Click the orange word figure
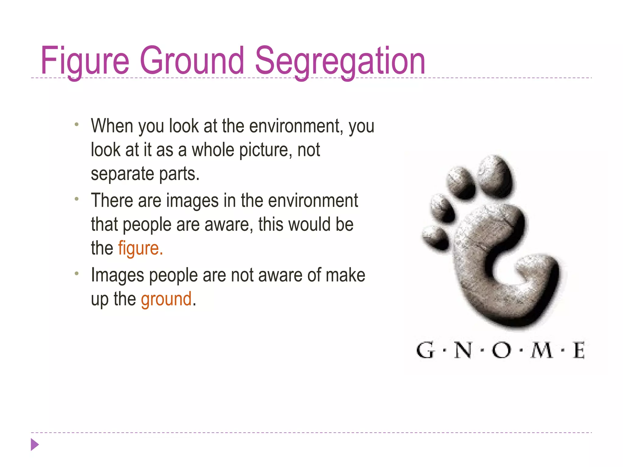pos(140,248)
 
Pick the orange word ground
pos(166,299)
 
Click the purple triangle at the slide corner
pos(35,445)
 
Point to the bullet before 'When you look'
pos(77,124)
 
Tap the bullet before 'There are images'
pos(77,199)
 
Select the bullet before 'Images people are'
pos(77,274)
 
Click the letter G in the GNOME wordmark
pos(425,351)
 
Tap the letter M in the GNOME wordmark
pos(542,351)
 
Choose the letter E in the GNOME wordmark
pos(579,351)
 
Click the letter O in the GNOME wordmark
pos(501,351)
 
